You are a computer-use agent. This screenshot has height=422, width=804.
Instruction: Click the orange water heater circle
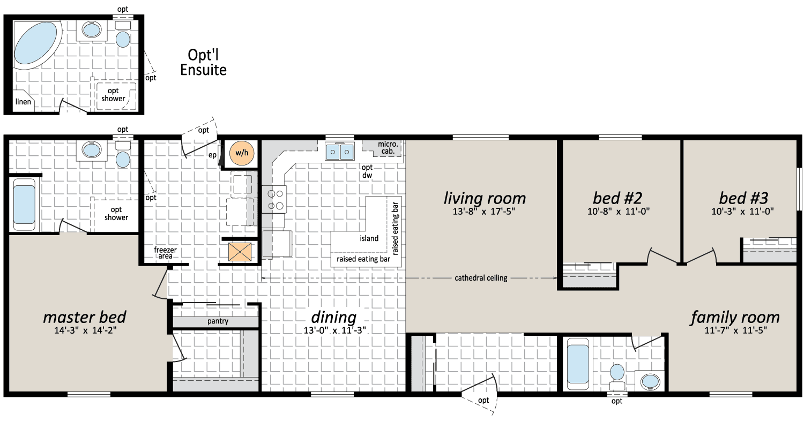(242, 153)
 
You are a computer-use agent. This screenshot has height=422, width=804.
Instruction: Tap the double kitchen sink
(339, 152)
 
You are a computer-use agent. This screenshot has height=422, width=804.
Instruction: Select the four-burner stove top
(274, 200)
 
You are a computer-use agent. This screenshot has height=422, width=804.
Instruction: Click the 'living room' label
(485, 198)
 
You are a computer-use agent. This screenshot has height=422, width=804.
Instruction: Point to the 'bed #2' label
(617, 198)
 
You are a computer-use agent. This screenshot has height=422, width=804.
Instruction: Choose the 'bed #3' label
(743, 198)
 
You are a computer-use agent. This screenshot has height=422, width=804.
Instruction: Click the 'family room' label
(735, 318)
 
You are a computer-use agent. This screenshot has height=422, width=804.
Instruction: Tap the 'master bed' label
(85, 318)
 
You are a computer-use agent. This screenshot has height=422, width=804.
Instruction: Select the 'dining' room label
(334, 318)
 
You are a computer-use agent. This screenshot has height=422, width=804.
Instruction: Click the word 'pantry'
(218, 321)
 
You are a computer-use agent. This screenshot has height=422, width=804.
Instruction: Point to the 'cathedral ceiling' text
(481, 278)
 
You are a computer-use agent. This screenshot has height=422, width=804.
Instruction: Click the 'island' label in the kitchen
(369, 238)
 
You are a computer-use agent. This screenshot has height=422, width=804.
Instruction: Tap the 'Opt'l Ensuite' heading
(203, 62)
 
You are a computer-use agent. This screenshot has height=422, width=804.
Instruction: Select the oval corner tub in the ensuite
(35, 44)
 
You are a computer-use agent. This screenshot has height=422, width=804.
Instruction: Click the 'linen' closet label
(24, 102)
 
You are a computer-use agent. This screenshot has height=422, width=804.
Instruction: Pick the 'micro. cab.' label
(388, 148)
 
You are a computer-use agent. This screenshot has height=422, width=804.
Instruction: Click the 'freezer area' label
(165, 253)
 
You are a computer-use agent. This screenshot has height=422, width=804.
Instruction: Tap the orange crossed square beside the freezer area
(240, 252)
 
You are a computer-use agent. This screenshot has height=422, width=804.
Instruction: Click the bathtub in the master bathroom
(25, 205)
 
